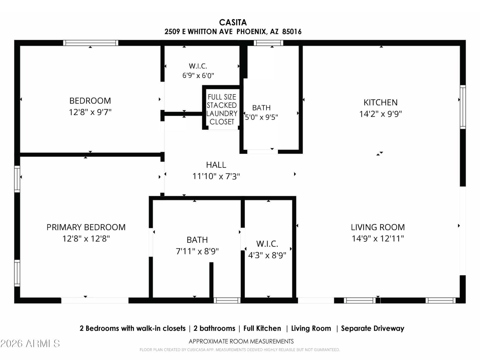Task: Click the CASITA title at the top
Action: tap(233, 22)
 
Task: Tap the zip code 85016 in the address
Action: tap(292, 32)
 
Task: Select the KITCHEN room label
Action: tap(380, 102)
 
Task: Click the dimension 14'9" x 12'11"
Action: tap(378, 238)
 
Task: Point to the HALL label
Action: tap(216, 165)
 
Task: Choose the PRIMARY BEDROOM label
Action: tap(86, 227)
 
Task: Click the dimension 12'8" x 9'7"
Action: tap(90, 112)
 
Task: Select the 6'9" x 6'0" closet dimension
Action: tap(198, 76)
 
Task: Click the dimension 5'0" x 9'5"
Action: tap(261, 117)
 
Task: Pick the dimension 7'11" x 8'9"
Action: tap(197, 251)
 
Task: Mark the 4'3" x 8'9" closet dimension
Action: tap(267, 255)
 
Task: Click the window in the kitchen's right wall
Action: tap(463, 107)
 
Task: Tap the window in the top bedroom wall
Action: tap(91, 43)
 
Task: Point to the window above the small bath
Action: tap(268, 43)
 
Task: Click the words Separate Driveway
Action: tap(373, 328)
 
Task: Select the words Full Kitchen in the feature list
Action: tap(262, 328)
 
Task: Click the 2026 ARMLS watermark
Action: tap(30, 343)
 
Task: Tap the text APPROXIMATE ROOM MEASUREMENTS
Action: tap(241, 341)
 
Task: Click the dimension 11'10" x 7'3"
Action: tap(216, 176)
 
